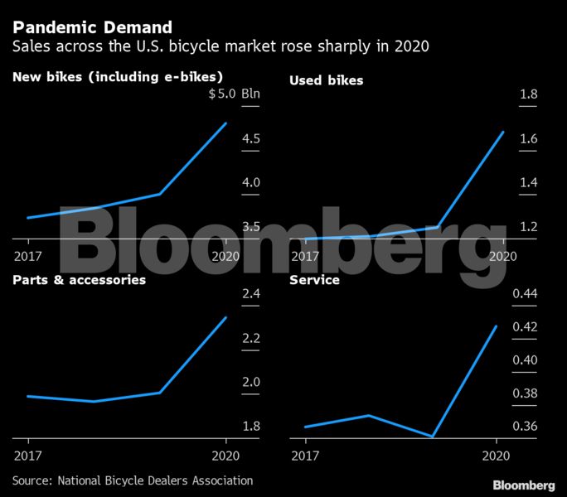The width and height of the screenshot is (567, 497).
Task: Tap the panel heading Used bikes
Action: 326,80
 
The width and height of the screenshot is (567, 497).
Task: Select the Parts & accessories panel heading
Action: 80,280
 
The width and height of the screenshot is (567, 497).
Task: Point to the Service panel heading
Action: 314,280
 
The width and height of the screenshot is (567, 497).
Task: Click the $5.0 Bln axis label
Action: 234,94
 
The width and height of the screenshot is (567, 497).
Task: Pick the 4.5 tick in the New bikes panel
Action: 250,138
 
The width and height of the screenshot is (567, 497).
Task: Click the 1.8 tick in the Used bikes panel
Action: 528,94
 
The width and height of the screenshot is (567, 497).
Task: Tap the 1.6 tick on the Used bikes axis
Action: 528,138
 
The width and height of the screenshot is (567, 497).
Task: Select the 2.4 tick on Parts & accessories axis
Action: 250,294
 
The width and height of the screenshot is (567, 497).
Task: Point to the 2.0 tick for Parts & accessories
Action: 250,382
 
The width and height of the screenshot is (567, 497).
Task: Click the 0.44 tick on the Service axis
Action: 525,294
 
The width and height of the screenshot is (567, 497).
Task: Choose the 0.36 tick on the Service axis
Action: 525,426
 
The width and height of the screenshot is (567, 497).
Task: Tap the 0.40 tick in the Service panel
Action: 525,360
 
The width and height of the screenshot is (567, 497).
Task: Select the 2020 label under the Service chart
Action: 495,455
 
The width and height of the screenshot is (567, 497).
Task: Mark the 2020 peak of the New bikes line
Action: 225,123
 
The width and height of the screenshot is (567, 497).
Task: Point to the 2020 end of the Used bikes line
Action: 503,132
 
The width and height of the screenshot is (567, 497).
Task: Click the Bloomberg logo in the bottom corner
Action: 523,485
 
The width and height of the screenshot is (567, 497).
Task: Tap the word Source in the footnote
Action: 30,480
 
